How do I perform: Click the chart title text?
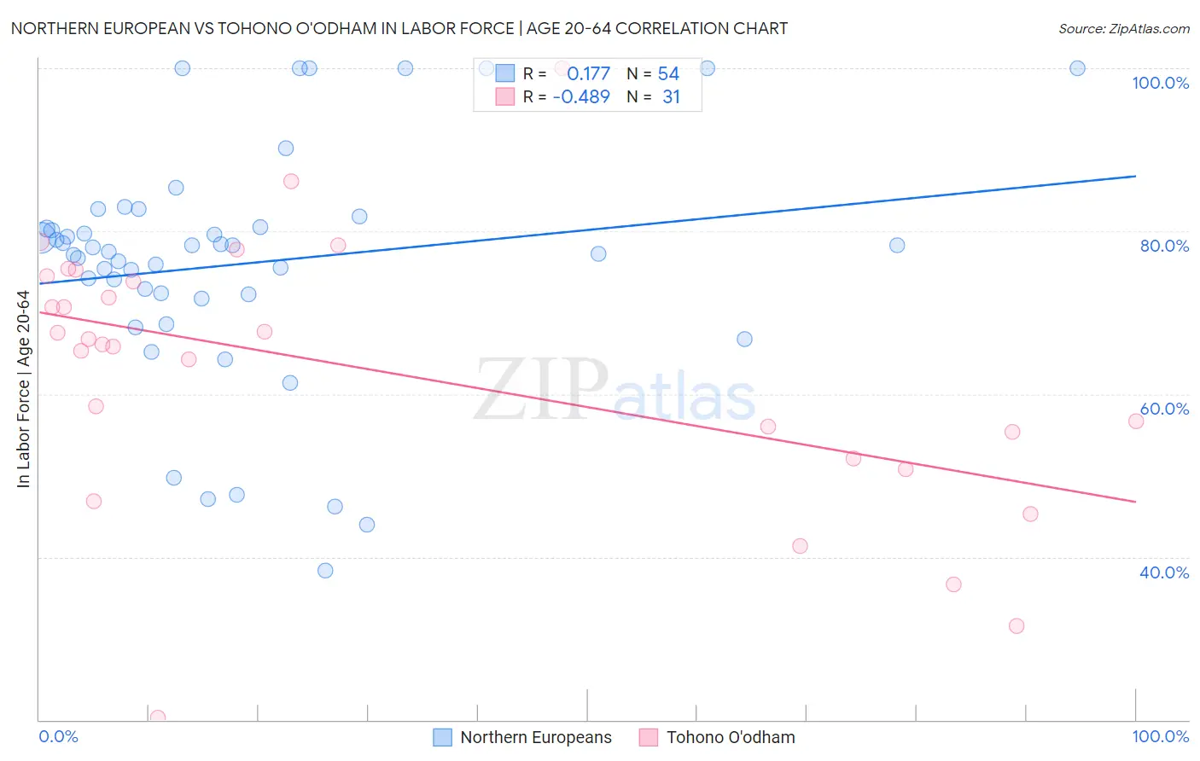click(x=399, y=28)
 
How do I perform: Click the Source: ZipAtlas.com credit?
click(x=1123, y=28)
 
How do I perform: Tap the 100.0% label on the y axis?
click(x=1160, y=83)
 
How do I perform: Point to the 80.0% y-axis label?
click(x=1164, y=246)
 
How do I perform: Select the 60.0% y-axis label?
click(x=1164, y=409)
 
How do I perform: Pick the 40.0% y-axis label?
click(x=1164, y=572)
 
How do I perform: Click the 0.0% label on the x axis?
click(x=58, y=736)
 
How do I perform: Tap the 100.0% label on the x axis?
click(x=1160, y=736)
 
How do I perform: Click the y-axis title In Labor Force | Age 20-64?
click(x=23, y=389)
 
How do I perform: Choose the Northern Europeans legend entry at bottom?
click(x=522, y=737)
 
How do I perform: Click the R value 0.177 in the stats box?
click(x=588, y=73)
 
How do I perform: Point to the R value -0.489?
click(x=581, y=97)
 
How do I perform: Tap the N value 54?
click(x=668, y=73)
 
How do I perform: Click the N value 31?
click(x=671, y=97)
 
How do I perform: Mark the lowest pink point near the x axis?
click(x=157, y=717)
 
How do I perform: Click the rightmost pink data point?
click(x=1136, y=421)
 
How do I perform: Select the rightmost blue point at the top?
click(x=1077, y=68)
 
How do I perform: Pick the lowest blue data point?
click(x=325, y=571)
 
